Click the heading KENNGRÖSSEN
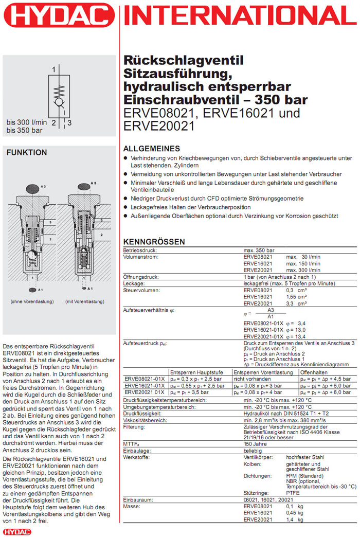[x=154, y=242]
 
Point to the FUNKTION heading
[x=26, y=153]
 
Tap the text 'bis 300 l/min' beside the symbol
[x=26, y=122]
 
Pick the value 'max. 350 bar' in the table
[x=260, y=249]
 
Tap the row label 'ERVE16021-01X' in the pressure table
[x=146, y=385]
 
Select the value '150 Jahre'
[x=255, y=443]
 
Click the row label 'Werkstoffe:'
[x=136, y=457]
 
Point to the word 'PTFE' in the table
[x=293, y=492]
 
